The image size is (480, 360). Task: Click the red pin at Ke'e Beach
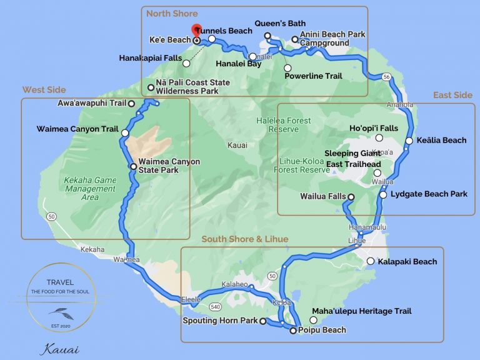[196, 29]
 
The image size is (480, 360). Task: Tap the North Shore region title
[172, 13]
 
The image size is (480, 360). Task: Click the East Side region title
[452, 95]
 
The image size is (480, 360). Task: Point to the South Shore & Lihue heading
[245, 239]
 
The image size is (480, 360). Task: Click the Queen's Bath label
[279, 23]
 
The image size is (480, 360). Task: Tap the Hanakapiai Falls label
[149, 58]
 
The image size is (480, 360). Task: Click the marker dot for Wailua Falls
[351, 197]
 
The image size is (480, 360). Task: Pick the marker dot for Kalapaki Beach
[371, 261]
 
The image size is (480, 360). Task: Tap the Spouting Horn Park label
[220, 321]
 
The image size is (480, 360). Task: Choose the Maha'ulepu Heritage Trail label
[362, 311]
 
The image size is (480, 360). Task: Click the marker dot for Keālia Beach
[409, 141]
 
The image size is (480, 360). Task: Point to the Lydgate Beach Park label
[429, 194]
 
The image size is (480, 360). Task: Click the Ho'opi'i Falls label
[374, 128]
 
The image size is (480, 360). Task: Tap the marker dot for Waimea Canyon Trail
[125, 133]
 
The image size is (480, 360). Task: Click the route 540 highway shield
[215, 307]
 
